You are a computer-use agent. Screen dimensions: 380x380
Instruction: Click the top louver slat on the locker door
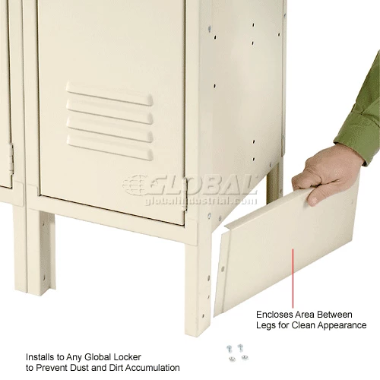(109, 93)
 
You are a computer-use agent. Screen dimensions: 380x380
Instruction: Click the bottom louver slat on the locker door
(109, 147)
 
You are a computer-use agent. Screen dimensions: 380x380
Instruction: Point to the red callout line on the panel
(293, 278)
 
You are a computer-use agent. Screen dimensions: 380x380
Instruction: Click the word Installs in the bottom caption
(40, 357)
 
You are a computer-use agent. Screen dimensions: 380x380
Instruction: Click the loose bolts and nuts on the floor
(237, 353)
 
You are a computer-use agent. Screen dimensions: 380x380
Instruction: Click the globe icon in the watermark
(135, 185)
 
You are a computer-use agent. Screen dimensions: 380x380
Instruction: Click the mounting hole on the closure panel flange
(223, 268)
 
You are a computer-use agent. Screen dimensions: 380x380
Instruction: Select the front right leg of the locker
(198, 289)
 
